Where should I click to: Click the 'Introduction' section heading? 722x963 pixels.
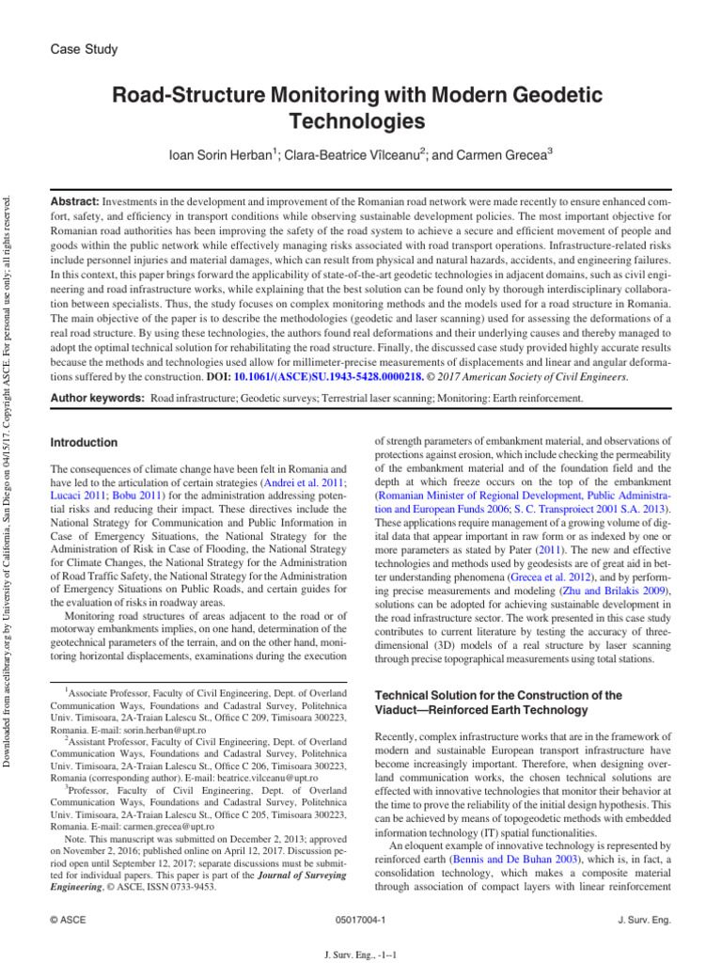pyautogui.click(x=84, y=442)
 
